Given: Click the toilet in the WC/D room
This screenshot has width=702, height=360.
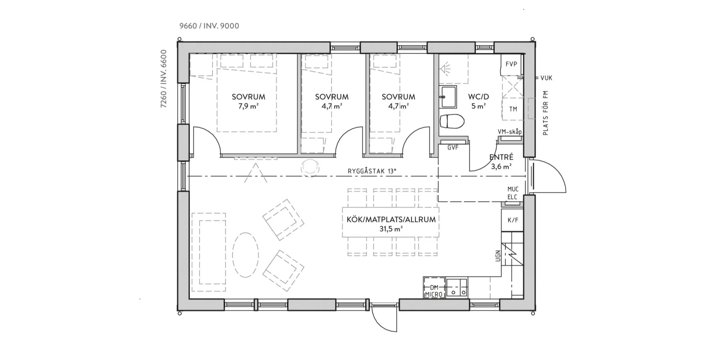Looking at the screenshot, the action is (452, 121).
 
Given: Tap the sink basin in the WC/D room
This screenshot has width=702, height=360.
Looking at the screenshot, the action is (448, 97).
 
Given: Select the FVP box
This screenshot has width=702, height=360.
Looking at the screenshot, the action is (511, 64).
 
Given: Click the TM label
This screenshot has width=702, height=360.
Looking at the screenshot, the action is (513, 109).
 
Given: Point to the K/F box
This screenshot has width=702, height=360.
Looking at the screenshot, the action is (513, 220).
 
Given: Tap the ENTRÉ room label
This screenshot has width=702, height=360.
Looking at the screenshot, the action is (501, 157).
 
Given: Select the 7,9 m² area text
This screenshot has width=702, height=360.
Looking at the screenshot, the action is (248, 106).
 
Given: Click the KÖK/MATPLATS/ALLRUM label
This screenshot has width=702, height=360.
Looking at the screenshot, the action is (391, 220).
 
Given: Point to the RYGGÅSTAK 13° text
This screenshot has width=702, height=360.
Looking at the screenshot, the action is (372, 171).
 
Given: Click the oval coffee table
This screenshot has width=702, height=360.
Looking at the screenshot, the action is (246, 255).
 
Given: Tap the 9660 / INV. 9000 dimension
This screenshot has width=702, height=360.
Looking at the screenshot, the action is (209, 26).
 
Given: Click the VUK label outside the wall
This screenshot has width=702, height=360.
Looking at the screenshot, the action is (546, 78).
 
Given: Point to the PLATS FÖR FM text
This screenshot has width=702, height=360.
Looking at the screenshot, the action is (546, 113).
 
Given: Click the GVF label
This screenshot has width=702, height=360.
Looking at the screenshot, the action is (453, 147).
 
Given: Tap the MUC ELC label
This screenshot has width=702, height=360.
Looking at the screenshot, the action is (513, 193).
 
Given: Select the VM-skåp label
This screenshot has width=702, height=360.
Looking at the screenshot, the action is (510, 132).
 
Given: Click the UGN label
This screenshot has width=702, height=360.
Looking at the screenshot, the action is (498, 256).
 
